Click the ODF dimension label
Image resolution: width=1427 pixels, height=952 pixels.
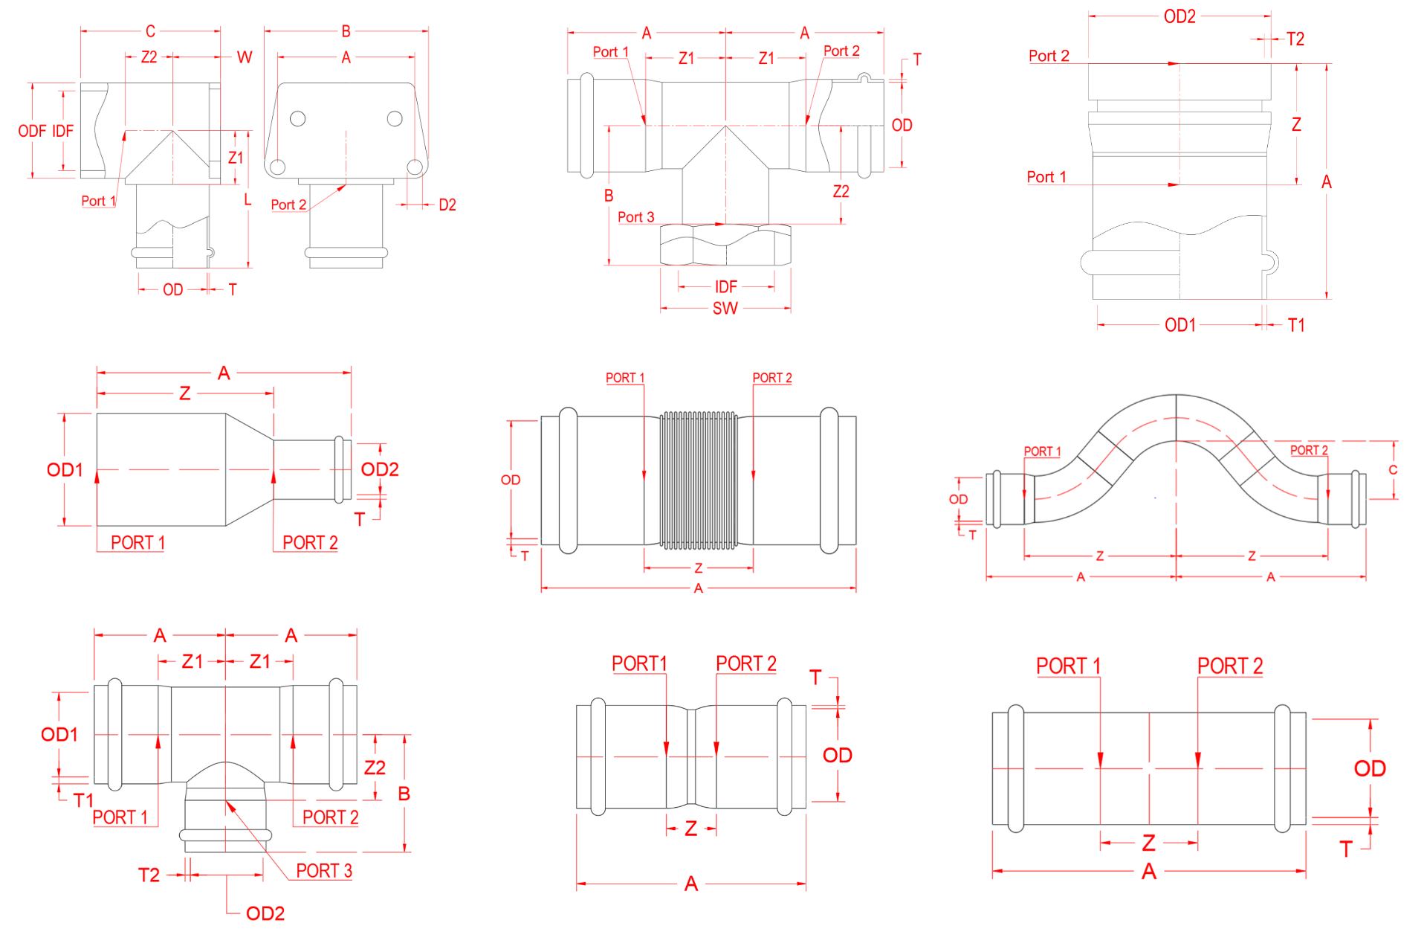click(x=32, y=132)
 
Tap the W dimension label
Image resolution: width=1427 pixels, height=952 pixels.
click(x=245, y=57)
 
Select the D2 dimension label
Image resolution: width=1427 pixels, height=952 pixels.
click(x=447, y=205)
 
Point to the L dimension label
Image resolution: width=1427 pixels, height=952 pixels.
click(x=247, y=199)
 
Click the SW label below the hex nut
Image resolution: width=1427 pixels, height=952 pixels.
click(x=725, y=309)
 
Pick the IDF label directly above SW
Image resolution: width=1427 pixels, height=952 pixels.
click(x=725, y=287)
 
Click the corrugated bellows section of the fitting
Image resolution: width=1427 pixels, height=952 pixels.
click(x=699, y=480)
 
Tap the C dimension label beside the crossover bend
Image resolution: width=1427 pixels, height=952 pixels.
click(x=1393, y=470)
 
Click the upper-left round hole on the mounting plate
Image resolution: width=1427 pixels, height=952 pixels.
click(x=298, y=119)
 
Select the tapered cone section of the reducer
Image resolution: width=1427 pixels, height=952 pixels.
click(x=250, y=470)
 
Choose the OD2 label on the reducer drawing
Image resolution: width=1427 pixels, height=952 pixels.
click(x=379, y=469)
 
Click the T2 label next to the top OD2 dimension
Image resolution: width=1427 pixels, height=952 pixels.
click(x=1295, y=39)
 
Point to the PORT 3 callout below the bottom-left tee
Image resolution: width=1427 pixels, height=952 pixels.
click(x=324, y=871)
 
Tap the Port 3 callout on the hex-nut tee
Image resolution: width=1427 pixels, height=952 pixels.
click(x=636, y=217)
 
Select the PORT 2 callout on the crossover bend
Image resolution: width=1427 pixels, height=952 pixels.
click(x=1309, y=450)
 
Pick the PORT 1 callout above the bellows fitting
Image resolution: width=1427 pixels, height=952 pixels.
click(x=625, y=378)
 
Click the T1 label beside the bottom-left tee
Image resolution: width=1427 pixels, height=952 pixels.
click(x=82, y=800)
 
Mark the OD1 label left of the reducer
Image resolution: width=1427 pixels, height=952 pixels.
click(x=65, y=470)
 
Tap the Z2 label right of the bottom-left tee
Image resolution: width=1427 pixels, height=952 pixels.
click(x=375, y=768)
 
